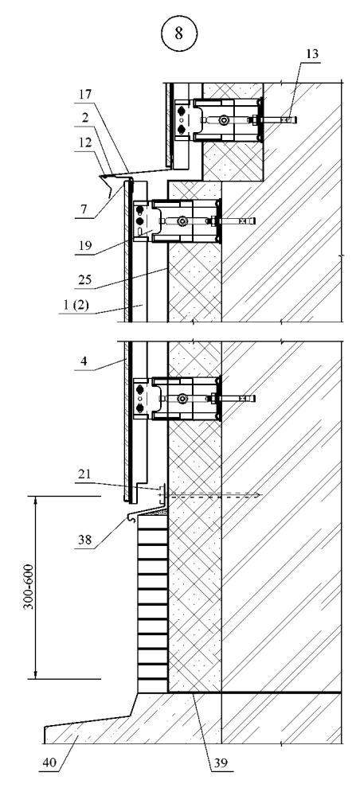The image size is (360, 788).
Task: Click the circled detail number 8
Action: click(x=179, y=33)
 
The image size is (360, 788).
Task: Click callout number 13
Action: click(x=312, y=54)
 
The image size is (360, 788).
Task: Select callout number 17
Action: click(x=85, y=94)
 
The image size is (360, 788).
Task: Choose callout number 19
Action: click(x=85, y=246)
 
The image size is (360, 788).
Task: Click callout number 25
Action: click(x=85, y=279)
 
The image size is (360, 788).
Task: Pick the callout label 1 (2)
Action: click(x=77, y=305)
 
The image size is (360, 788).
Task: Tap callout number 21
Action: click(x=84, y=474)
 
